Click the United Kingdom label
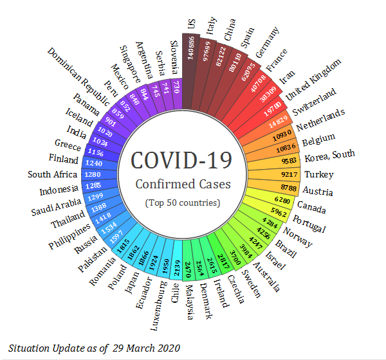313,78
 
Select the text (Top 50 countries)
182,203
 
